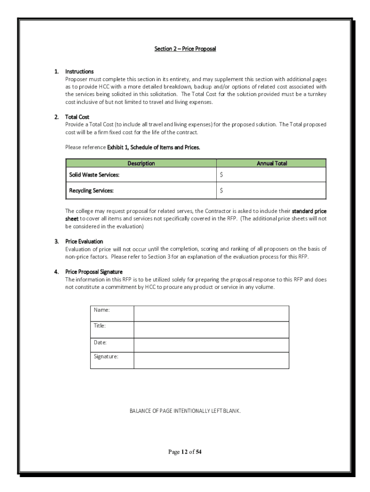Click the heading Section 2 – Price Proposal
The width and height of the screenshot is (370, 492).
(185, 49)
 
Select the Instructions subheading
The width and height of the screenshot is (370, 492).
(79, 72)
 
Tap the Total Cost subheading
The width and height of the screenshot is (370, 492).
(77, 117)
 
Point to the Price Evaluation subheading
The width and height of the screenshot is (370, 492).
(84, 241)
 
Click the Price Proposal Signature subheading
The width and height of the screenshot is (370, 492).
(94, 272)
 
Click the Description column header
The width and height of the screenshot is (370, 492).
(141, 163)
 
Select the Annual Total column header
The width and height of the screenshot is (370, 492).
(271, 163)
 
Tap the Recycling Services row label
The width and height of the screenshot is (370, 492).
(91, 191)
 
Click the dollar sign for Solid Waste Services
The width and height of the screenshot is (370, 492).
(222, 175)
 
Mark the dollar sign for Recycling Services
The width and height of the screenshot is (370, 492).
(222, 191)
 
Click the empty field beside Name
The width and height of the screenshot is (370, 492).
(211, 313)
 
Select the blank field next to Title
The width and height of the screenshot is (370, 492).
(211, 330)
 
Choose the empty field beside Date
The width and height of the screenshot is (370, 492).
(211, 345)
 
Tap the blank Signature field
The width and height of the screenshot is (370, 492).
(211, 360)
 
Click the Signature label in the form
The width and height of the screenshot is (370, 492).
(106, 357)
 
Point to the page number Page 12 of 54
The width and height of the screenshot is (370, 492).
(185, 452)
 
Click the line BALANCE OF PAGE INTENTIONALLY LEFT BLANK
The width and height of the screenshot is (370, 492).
(185, 411)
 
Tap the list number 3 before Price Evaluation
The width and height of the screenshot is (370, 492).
(56, 241)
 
